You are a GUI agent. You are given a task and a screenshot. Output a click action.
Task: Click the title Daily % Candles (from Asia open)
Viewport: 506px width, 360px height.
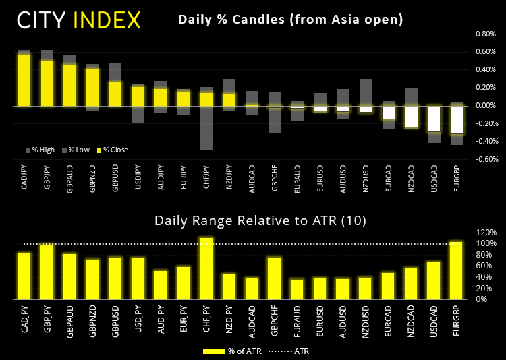tap(290, 20)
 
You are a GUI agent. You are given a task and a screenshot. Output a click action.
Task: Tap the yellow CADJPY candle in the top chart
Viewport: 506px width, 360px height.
tap(24, 80)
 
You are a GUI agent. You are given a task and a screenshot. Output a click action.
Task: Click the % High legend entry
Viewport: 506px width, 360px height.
tap(41, 150)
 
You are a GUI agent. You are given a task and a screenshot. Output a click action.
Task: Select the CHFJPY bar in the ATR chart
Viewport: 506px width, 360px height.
tap(206, 268)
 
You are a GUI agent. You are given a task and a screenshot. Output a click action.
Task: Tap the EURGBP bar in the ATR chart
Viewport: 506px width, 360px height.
tap(457, 270)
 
